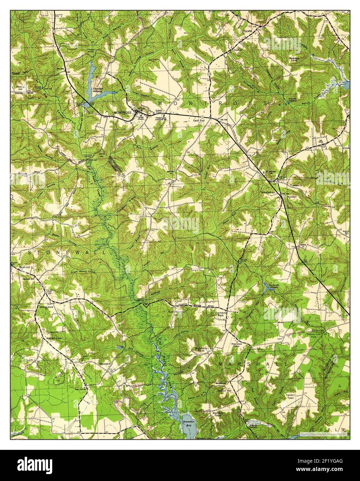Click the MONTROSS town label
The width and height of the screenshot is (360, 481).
(x=122, y=113)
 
